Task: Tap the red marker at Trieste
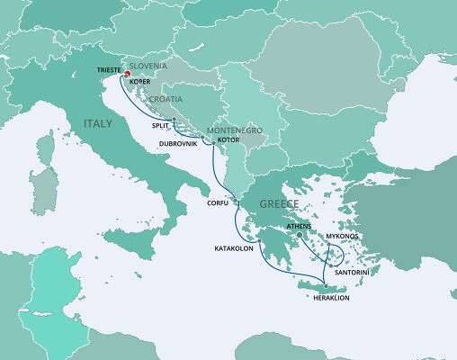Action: (x=127, y=75)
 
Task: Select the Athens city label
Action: (x=300, y=228)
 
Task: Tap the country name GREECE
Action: (x=279, y=204)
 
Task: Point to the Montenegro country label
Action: (x=236, y=130)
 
